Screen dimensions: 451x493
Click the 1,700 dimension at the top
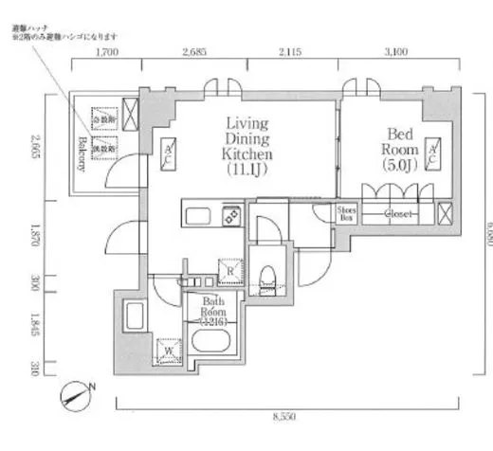[106, 54]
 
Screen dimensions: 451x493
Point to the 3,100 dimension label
[396, 54]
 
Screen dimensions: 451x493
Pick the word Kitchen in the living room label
[247, 153]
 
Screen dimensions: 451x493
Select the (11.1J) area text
[248, 171]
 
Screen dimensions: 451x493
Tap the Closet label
[398, 214]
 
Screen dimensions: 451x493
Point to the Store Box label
[346, 213]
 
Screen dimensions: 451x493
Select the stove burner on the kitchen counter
[230, 217]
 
